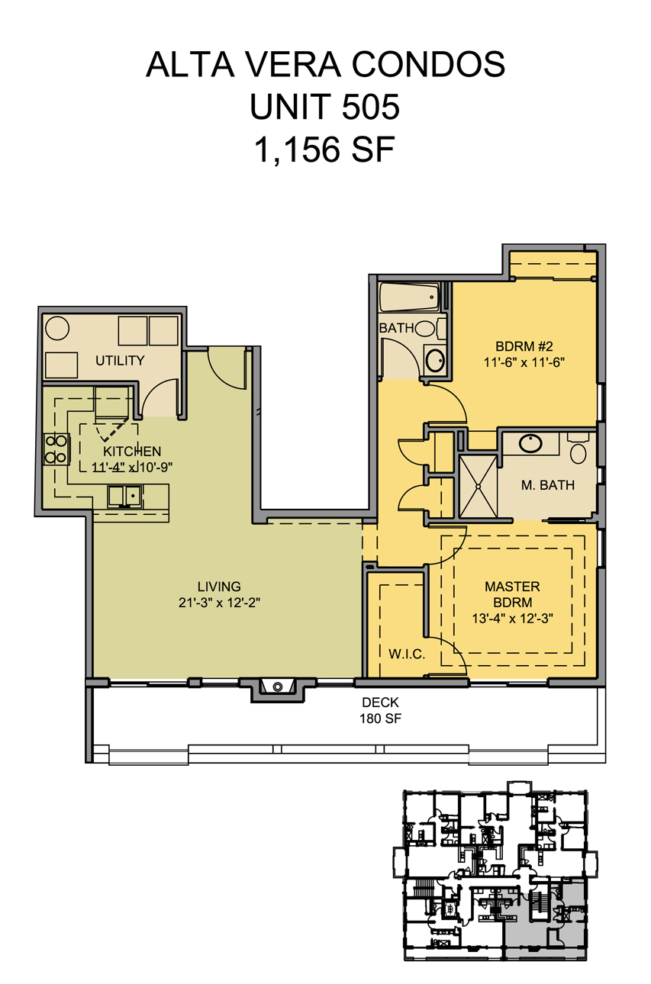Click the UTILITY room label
click(120, 361)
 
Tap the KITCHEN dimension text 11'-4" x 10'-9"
click(132, 467)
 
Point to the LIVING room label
click(219, 587)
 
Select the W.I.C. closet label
click(407, 654)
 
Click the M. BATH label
click(548, 485)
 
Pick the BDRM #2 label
click(524, 346)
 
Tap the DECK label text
click(380, 703)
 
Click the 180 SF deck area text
click(380, 719)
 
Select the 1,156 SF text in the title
click(325, 150)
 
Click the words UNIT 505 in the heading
click(325, 107)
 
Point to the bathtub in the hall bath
click(409, 297)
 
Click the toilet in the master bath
click(578, 448)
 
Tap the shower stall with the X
click(479, 487)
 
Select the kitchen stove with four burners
click(56, 449)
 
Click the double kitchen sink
click(125, 496)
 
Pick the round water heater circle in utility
click(57, 328)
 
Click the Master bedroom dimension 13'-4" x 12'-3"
click(512, 619)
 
